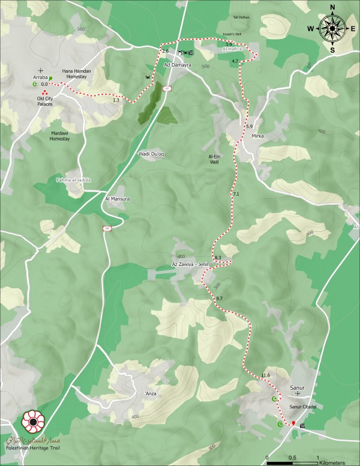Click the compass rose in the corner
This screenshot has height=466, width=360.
[331, 28]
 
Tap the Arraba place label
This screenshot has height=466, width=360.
[40, 77]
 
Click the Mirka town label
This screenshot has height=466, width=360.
[257, 136]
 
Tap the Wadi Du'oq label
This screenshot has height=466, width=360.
[151, 154]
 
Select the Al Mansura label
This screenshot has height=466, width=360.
[118, 198]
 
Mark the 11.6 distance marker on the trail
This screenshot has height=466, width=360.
[266, 375]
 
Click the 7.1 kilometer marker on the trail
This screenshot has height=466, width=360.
[236, 195]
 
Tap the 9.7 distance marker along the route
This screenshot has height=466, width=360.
[218, 298]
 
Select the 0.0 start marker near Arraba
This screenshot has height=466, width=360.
[44, 85]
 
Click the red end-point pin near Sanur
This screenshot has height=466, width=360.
[293, 423]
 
